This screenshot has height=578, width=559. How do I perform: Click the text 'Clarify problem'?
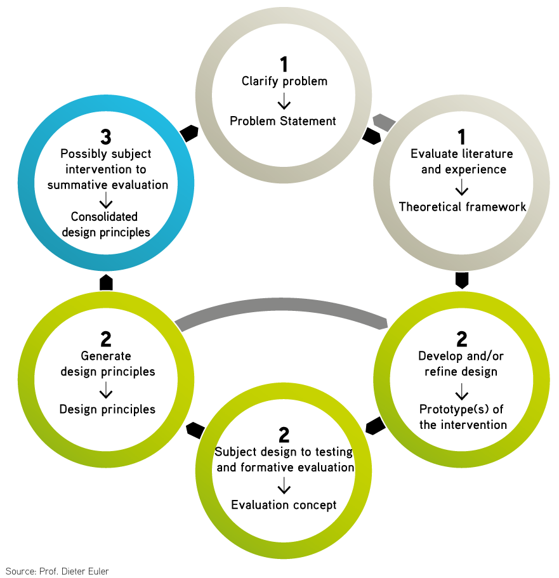(284, 81)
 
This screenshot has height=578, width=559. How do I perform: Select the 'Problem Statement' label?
(283, 121)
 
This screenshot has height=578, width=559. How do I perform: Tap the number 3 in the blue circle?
(106, 136)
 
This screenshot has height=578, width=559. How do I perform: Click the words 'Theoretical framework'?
(462, 207)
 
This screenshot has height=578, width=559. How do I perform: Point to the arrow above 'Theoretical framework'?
(462, 187)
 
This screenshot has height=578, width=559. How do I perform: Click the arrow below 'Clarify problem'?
(284, 100)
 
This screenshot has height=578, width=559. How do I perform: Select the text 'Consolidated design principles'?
(106, 225)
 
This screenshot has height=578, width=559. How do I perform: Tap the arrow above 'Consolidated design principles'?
(106, 201)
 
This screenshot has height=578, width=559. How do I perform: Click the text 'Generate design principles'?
(107, 364)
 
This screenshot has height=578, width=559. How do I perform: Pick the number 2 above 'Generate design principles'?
(106, 339)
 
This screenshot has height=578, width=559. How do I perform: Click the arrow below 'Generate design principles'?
(107, 390)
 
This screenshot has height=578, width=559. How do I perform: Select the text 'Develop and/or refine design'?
(461, 364)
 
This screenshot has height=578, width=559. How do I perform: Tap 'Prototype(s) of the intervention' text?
(462, 417)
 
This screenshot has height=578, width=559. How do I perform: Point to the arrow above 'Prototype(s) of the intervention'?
(462, 391)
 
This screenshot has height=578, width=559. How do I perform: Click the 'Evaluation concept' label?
(284, 505)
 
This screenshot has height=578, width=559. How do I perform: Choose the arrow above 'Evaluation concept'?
(284, 486)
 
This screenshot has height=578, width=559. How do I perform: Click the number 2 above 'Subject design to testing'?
(284, 435)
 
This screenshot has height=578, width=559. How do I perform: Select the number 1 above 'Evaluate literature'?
(461, 136)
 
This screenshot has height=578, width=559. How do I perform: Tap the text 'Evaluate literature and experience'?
(461, 161)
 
